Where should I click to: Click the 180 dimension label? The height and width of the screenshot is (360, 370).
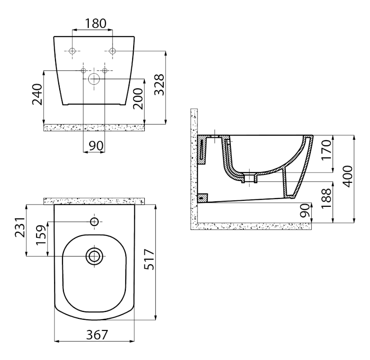click(x=96, y=24)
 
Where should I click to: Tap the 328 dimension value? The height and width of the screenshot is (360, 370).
click(x=159, y=85)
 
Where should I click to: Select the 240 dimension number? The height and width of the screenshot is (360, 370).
click(x=37, y=94)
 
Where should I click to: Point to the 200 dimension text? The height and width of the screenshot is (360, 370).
click(x=138, y=99)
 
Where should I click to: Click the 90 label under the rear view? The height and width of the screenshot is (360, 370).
click(x=96, y=146)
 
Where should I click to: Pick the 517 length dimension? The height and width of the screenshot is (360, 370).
click(x=149, y=259)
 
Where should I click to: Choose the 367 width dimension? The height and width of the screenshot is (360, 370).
click(x=97, y=335)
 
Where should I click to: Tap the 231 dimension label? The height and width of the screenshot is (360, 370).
click(x=20, y=227)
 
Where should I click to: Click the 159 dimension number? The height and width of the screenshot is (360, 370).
click(x=41, y=235)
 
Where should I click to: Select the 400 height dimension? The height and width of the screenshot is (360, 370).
click(x=348, y=176)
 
